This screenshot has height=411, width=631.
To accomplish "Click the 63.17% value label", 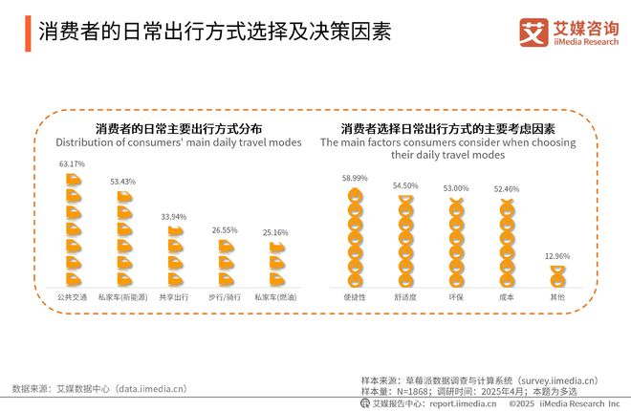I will (x=72, y=164).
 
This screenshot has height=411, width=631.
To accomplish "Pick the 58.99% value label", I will (x=355, y=178).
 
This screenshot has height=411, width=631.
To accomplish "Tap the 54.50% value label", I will (x=405, y=185).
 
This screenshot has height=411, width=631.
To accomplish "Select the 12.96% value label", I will (x=557, y=256).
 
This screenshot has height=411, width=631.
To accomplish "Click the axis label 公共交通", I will (x=72, y=297).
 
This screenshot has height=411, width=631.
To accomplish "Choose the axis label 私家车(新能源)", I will (x=122, y=297).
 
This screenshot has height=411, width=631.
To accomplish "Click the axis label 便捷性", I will (x=355, y=297).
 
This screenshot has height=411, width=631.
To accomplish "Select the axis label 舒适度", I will (x=405, y=297).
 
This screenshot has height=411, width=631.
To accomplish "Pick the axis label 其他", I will (x=557, y=297).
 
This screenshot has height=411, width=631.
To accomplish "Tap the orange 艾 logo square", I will (x=533, y=32).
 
